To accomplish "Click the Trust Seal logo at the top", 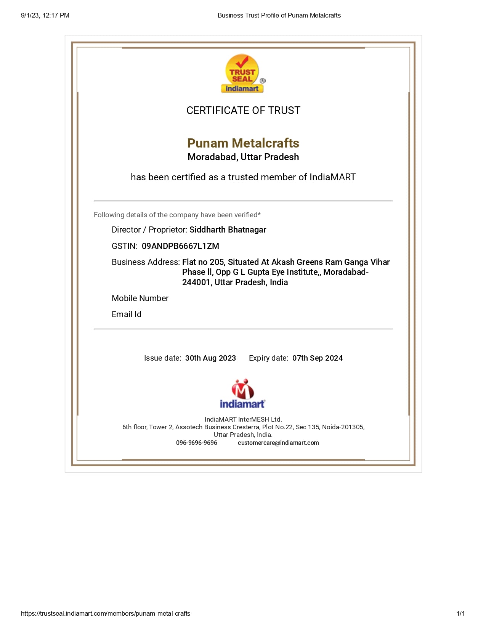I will [242, 74].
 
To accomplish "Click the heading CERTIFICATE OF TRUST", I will [243, 111].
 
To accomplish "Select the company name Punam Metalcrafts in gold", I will [243, 143].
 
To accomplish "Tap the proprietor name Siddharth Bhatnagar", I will [228, 230].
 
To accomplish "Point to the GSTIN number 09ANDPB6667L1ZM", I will [180, 246].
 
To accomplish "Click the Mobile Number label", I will [140, 298].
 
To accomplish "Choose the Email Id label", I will [127, 314].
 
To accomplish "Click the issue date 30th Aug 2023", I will [210, 358].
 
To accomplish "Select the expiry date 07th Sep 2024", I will [317, 358].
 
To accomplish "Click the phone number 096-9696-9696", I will [196, 443].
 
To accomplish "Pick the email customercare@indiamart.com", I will [278, 443].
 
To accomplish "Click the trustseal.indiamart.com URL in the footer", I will [106, 614].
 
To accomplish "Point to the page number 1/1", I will [460, 614].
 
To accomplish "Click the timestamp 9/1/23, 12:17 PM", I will [45, 16].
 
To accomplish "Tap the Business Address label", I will [146, 262].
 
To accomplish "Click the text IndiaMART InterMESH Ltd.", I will [243, 420].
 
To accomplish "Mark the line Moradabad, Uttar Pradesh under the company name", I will [243, 157].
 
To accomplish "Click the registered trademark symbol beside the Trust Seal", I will [263, 81].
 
